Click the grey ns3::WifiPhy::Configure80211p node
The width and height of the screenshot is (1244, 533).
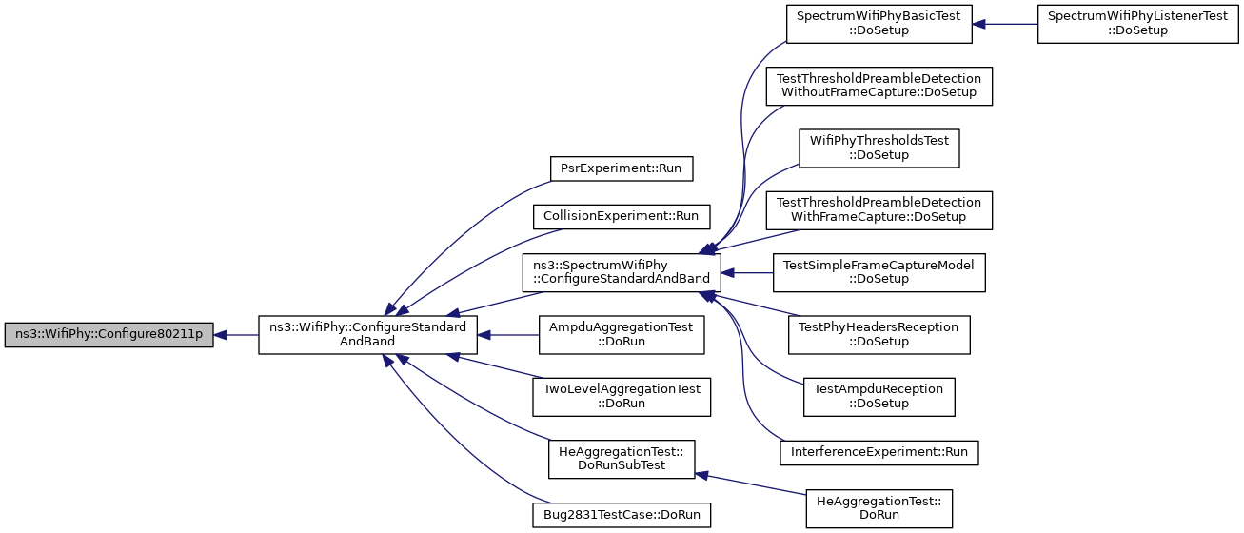(x=109, y=335)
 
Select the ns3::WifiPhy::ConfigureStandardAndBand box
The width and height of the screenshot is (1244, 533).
(x=367, y=335)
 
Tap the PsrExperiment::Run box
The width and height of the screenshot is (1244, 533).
(x=622, y=168)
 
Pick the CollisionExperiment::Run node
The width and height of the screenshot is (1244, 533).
(x=622, y=217)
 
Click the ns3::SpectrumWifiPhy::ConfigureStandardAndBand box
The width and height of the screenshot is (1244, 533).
(x=622, y=272)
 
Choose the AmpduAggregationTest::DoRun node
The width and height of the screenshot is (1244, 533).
(x=622, y=335)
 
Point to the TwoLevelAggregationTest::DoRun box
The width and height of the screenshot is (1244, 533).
(x=622, y=397)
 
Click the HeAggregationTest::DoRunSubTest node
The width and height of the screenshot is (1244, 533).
(x=622, y=459)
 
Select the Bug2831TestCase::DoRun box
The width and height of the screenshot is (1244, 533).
(x=622, y=515)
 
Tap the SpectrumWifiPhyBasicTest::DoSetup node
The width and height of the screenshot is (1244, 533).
(x=879, y=24)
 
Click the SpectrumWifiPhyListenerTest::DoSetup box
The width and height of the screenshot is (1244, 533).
(x=1138, y=24)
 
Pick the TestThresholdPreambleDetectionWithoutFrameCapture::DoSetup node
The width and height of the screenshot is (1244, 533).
(x=879, y=86)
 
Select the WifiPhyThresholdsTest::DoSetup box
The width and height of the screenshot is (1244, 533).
(x=879, y=148)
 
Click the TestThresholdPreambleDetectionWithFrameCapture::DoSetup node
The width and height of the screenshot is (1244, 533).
(x=879, y=210)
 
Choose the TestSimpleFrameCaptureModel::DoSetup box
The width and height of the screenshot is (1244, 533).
(x=879, y=272)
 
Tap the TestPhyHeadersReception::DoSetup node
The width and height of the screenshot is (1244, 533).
(x=879, y=335)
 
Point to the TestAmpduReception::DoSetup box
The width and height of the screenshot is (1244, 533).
(x=879, y=397)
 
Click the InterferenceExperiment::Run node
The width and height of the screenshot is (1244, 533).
(x=879, y=452)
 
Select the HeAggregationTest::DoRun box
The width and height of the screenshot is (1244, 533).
(x=879, y=508)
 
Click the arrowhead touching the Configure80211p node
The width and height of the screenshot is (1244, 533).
(x=220, y=335)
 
